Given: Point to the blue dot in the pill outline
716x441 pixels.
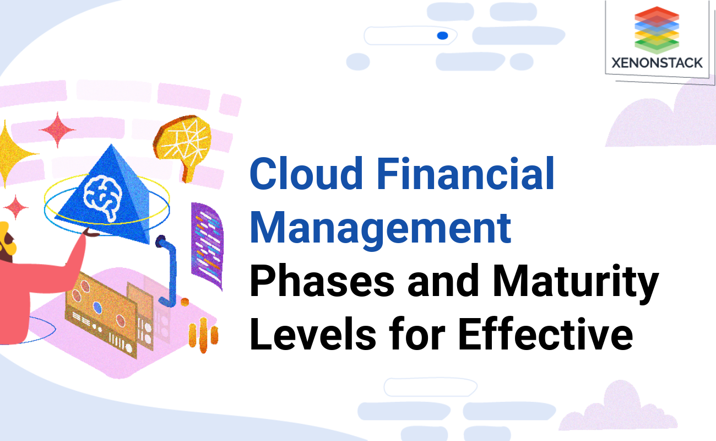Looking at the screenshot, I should click(442, 36).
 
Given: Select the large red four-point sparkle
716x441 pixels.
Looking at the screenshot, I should click(57, 130).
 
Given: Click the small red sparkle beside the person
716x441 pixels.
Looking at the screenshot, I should click(16, 207).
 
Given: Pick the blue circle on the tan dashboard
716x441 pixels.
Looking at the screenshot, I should click(97, 306).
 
